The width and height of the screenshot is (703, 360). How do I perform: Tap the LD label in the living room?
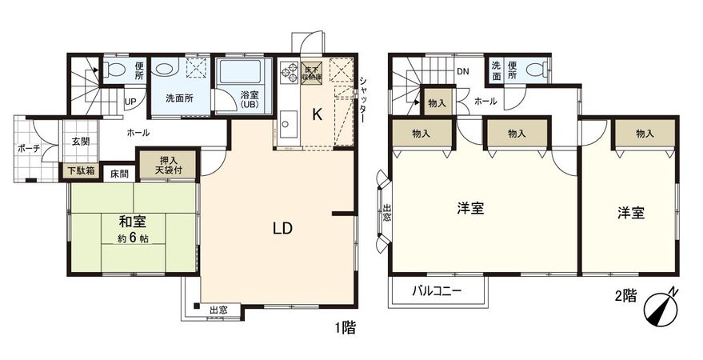point(282,228)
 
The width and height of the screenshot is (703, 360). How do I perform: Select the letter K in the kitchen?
point(317,114)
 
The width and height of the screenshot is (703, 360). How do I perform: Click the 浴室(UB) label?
point(249,101)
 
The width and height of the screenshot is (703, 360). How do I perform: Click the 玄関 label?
point(81,142)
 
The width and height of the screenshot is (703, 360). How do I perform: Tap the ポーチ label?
point(30,148)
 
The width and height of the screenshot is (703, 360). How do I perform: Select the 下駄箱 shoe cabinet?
point(81,170)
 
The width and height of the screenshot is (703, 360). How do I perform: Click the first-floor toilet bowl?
point(114,69)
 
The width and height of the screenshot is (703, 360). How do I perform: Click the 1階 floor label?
point(345,326)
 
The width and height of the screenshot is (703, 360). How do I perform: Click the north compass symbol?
point(662,308)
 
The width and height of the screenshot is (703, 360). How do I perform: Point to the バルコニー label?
point(437,292)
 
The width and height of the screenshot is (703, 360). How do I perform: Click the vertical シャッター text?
point(363,99)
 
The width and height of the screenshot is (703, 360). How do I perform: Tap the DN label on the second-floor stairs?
point(462,70)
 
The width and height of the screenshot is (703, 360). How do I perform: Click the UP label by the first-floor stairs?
point(130,102)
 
